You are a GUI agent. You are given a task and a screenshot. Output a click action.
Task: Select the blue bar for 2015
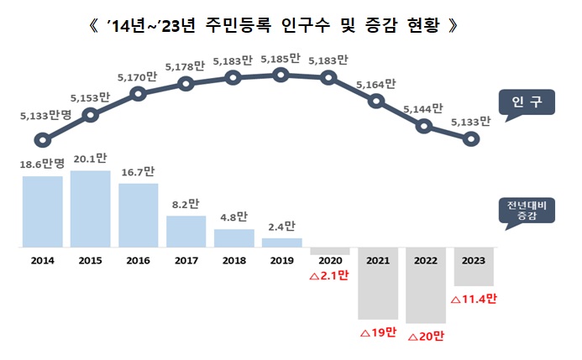[x=90, y=209]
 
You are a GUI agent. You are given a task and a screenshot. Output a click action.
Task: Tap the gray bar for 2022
[x=425, y=285]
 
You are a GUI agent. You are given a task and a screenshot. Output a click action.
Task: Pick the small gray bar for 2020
[x=329, y=252]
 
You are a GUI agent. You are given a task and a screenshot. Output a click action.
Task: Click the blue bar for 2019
[x=281, y=243]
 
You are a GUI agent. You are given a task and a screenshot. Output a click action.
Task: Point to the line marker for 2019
[x=281, y=75]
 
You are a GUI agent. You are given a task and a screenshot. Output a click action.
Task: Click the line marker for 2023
[x=472, y=139]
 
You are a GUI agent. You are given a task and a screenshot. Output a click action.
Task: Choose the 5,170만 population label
[x=139, y=76]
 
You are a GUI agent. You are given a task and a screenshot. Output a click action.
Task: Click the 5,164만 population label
[x=376, y=84]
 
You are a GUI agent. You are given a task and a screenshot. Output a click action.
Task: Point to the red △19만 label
[x=377, y=332]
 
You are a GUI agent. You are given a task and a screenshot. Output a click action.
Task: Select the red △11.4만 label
[x=474, y=299]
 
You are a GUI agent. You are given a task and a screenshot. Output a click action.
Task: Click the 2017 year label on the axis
[x=186, y=261]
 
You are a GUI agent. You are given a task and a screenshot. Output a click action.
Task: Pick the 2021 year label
[x=377, y=261]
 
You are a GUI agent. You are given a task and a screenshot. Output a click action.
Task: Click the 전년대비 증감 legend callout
[x=525, y=211]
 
